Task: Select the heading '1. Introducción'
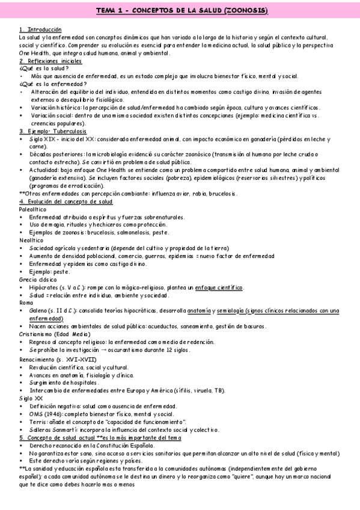(40, 29)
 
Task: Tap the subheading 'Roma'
(26, 303)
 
